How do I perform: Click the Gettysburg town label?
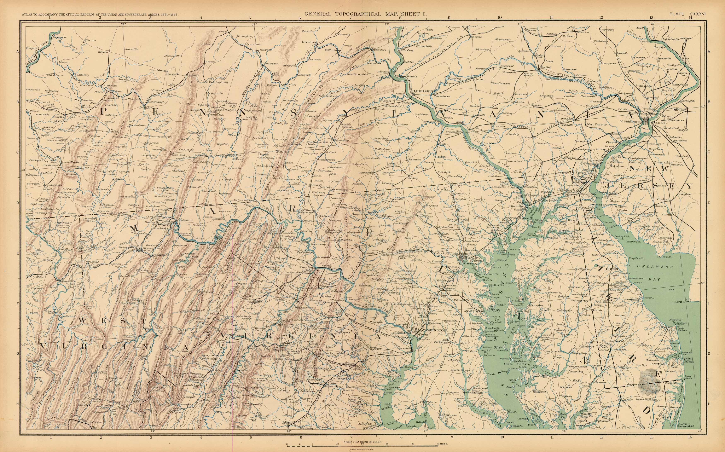pos(366,173)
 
